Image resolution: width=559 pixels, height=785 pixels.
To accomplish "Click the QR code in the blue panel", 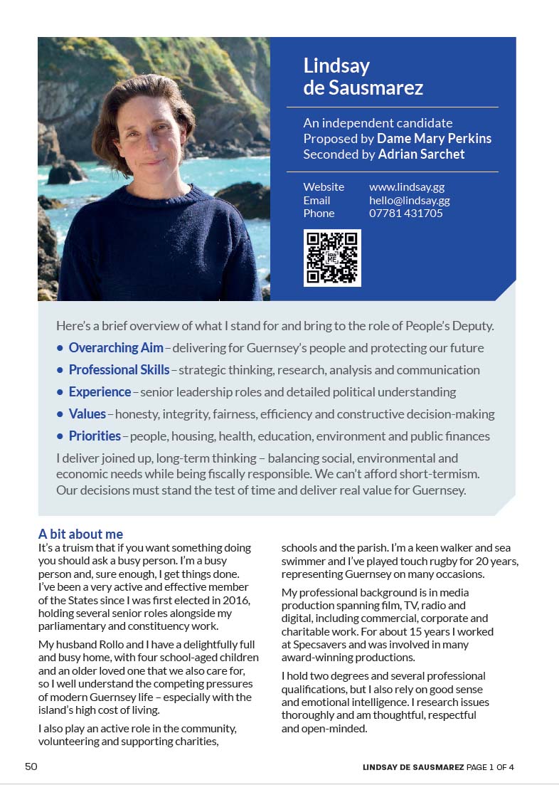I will (332, 258).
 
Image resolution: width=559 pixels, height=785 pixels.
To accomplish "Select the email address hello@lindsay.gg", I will (409, 200).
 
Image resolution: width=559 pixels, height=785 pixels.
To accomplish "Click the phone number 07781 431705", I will (405, 213).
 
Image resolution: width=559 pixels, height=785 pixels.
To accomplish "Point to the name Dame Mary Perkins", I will (434, 139).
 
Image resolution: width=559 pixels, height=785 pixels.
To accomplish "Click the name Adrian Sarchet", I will (421, 154).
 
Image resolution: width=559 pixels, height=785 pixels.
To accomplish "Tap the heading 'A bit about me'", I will (80, 534).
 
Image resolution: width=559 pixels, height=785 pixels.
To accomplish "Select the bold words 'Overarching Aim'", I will (116, 348).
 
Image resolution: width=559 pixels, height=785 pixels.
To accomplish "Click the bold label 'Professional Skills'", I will (119, 370).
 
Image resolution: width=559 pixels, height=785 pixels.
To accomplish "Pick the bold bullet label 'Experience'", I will (100, 392).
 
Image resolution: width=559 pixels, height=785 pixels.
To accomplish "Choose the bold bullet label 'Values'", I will (87, 414).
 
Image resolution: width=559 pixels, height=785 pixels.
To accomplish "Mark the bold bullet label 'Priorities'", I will (95, 436).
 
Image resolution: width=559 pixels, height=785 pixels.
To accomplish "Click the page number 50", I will (31, 766).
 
